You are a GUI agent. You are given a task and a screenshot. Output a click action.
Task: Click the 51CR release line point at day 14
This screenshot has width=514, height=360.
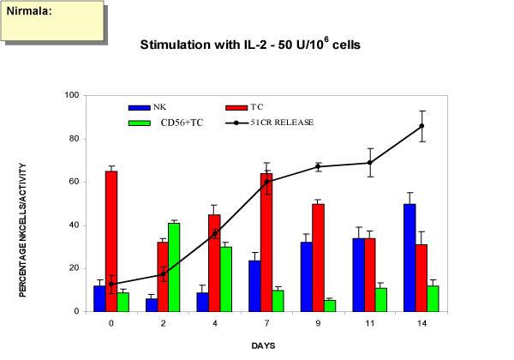445,126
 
